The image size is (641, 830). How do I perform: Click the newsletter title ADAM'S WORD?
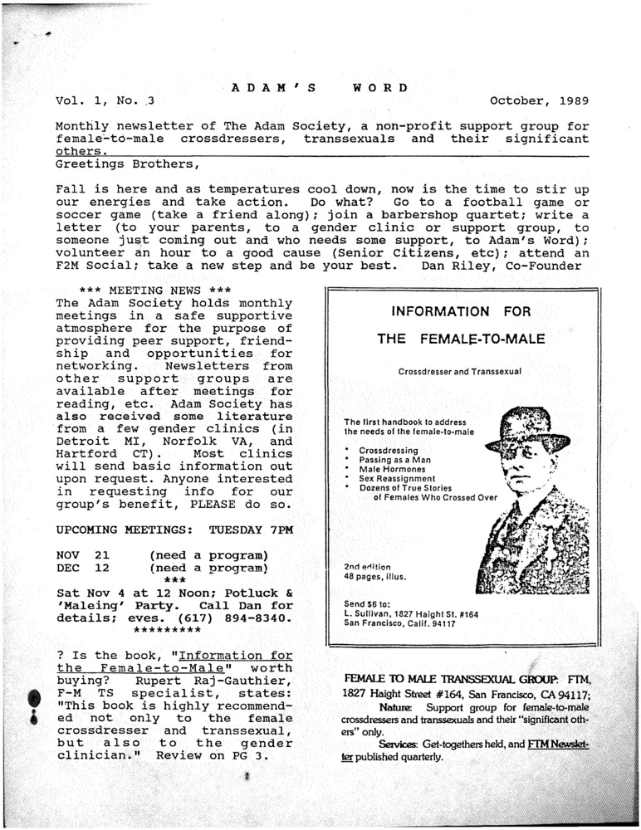pos(319,87)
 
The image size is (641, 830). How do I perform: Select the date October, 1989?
pos(540,102)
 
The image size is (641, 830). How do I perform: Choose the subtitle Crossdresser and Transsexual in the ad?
pos(459,371)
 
